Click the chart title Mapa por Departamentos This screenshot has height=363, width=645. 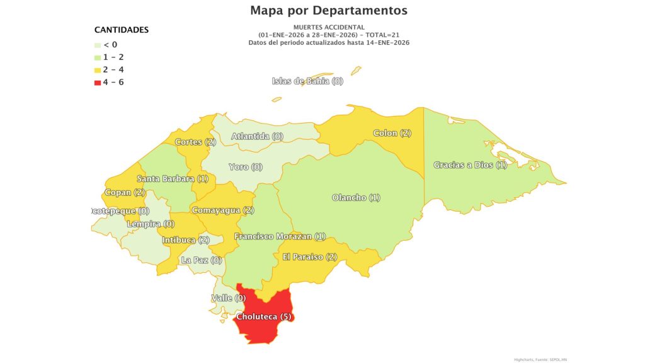328,11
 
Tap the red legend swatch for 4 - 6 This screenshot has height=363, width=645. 98,83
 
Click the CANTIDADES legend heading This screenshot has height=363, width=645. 121,30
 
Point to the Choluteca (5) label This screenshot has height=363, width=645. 263,316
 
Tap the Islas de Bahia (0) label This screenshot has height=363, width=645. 307,81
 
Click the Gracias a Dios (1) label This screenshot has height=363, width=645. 470,165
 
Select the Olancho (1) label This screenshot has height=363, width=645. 356,198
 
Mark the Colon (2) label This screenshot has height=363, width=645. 392,133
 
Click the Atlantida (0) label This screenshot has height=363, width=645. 257,136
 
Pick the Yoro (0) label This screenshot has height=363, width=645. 246,167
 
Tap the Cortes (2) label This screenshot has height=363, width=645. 195,142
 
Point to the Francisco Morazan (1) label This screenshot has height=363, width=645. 280,236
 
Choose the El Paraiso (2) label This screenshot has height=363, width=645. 310,256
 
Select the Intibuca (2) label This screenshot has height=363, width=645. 186,240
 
